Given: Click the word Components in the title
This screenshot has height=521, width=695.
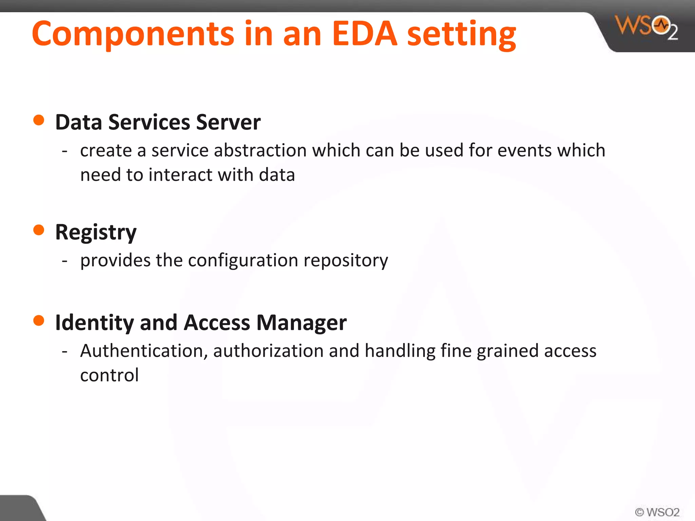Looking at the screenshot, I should (x=133, y=34).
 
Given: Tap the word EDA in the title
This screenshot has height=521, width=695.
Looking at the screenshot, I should (x=364, y=34).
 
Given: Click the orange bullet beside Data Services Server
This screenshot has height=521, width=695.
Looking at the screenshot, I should (x=39, y=120).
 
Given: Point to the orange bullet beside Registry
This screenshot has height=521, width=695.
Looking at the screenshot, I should (x=39, y=230).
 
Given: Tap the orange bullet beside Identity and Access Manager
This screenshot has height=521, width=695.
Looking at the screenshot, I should (x=39, y=320).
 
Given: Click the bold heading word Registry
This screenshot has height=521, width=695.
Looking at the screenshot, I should (x=96, y=233).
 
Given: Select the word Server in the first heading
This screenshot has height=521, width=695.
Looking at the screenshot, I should (x=228, y=122).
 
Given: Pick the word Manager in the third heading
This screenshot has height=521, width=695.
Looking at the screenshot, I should (x=302, y=323).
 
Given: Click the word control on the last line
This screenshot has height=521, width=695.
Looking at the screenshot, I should (x=109, y=375).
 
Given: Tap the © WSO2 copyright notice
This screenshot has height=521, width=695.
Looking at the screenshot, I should (x=657, y=512).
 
